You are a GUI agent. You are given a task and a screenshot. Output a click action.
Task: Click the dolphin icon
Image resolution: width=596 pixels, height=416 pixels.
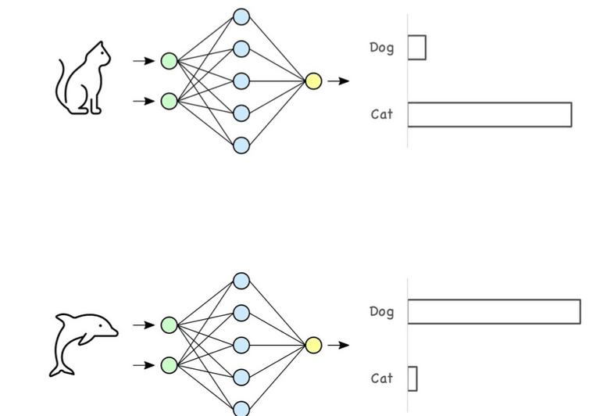click(x=83, y=342)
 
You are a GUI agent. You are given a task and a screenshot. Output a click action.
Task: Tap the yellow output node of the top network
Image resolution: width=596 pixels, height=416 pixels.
click(x=313, y=81)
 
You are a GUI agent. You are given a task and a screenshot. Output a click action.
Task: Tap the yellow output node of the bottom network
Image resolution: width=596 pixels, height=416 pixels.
click(x=313, y=345)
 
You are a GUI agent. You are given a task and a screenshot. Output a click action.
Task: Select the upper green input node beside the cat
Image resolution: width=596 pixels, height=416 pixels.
click(x=169, y=61)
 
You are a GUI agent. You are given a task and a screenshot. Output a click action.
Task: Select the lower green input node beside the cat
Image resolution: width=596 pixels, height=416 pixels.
click(x=169, y=101)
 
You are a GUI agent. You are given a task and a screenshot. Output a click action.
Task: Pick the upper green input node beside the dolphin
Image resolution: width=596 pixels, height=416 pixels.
click(x=169, y=325)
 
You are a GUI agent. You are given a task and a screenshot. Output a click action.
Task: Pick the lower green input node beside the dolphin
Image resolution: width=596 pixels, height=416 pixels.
click(x=169, y=365)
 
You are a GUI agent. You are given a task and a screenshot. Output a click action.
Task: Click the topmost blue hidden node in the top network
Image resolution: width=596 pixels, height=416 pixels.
click(x=241, y=16)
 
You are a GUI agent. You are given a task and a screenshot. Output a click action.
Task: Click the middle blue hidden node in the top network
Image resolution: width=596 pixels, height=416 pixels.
click(x=241, y=81)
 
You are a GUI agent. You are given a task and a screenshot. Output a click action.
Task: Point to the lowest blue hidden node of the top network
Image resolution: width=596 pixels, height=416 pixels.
click(x=241, y=145)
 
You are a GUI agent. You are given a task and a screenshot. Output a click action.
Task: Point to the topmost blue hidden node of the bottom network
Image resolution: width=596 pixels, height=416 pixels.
click(x=241, y=281)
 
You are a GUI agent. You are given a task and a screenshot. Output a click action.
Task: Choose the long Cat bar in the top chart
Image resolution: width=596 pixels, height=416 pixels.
click(x=489, y=114)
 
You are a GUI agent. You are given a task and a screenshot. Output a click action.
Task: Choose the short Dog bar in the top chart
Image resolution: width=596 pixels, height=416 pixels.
click(x=416, y=48)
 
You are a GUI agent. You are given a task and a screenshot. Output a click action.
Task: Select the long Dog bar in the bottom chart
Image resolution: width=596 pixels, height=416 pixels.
click(x=494, y=311)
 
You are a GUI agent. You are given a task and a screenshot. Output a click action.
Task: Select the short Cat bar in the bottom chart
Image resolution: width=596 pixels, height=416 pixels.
click(x=412, y=378)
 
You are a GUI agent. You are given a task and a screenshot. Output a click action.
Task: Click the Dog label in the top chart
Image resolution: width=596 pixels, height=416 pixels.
click(x=382, y=48)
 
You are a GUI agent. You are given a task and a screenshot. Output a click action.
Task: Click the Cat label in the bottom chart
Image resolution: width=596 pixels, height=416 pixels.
click(x=382, y=378)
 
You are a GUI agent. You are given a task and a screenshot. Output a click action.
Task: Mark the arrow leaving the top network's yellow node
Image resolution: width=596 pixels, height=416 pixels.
click(x=338, y=81)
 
